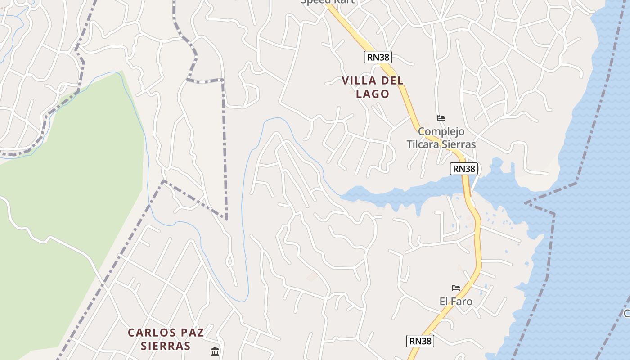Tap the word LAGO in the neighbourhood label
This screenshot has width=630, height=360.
click(x=372, y=94)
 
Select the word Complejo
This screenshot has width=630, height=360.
click(x=441, y=132)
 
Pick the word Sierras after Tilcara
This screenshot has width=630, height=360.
click(x=458, y=144)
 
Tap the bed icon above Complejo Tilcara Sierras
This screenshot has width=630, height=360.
click(x=441, y=118)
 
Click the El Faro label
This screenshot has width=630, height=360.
click(x=456, y=301)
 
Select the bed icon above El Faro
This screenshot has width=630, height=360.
click(x=456, y=288)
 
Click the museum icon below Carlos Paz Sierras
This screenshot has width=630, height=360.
click(x=215, y=351)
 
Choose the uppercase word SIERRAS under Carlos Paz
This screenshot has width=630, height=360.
click(x=166, y=346)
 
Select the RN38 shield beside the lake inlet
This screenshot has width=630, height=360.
click(x=464, y=169)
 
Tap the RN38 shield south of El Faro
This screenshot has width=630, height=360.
click(x=421, y=341)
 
